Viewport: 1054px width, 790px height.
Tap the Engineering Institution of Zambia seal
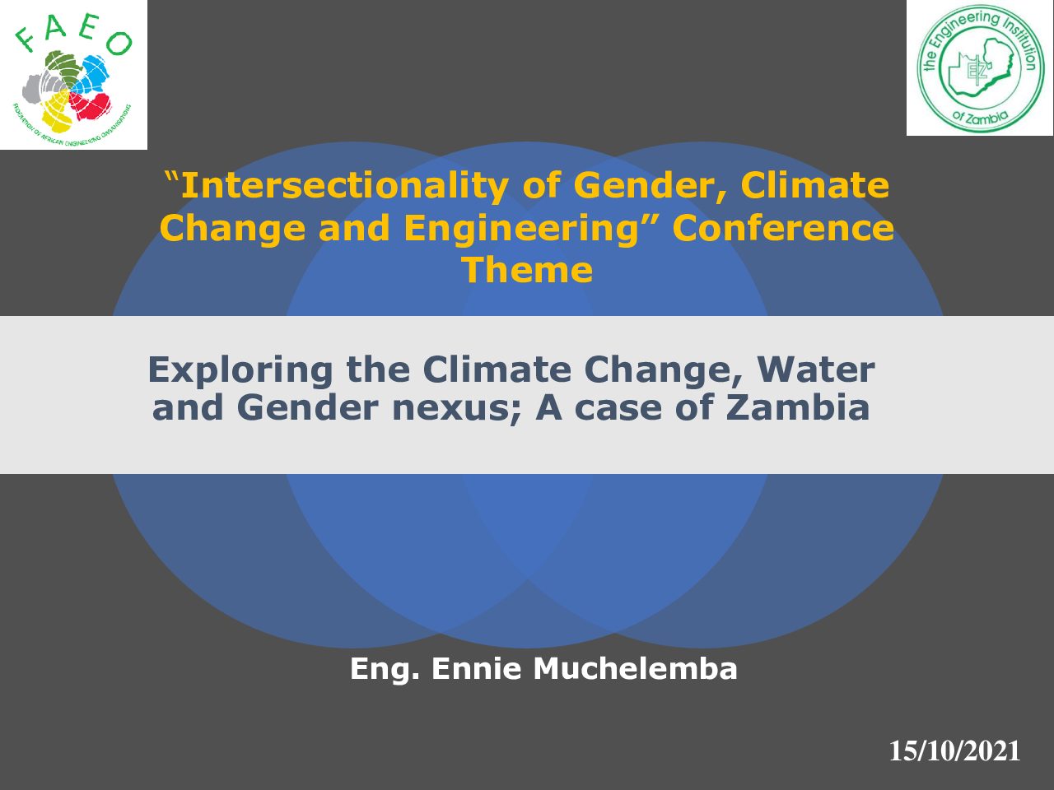981,68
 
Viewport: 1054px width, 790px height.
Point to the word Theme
527,270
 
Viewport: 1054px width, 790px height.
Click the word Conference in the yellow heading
783,228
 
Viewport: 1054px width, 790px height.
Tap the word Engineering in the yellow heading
521,229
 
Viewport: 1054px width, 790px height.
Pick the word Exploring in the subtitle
240,371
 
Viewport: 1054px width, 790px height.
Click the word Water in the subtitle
816,369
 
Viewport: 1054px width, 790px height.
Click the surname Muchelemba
635,669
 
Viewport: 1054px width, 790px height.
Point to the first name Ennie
476,669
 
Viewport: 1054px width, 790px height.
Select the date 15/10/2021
954,750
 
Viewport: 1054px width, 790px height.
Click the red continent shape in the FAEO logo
91,106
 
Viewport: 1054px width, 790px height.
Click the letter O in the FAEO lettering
119,43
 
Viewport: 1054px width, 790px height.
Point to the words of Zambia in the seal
980,116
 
